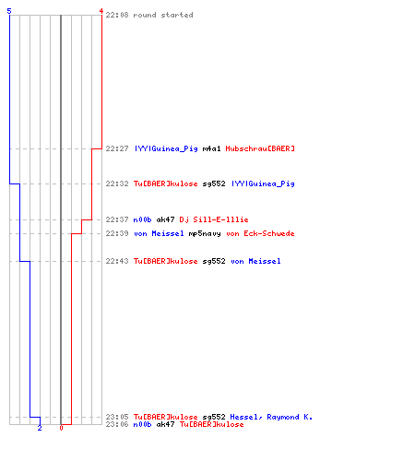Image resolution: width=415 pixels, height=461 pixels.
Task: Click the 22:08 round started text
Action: pos(149,15)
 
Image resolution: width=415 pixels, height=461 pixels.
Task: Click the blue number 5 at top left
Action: pos(9,11)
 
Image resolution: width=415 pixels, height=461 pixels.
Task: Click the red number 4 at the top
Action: pos(101,11)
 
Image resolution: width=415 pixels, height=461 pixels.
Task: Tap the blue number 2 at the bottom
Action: pos(40,428)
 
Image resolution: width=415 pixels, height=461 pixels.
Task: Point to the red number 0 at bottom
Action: pos(61,428)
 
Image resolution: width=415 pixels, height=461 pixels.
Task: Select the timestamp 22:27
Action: pos(117,148)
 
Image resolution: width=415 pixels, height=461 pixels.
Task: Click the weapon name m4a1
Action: pos(211,148)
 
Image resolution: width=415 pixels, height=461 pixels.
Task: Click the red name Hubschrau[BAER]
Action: pos(260,148)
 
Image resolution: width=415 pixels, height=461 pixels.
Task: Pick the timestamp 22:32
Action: pos(117,183)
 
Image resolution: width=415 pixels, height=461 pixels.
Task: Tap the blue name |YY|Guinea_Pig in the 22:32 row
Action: pos(263,183)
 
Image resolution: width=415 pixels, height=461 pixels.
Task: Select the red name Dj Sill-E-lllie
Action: pos(214,219)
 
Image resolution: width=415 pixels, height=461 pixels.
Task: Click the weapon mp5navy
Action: pos(205,233)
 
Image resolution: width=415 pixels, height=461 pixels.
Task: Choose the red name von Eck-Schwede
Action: pos(260,233)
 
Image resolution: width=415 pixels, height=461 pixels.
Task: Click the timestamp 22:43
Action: pos(117,261)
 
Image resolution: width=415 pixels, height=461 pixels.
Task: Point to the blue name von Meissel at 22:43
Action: pos(255,261)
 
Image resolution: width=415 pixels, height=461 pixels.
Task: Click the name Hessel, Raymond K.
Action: pos(271,417)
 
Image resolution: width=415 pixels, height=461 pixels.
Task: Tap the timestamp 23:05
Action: pos(117,417)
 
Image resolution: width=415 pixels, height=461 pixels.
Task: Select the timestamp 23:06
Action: pos(117,424)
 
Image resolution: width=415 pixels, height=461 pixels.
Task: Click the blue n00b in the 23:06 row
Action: pos(142,424)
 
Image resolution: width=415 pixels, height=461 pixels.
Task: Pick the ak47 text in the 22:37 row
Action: pos(165,219)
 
